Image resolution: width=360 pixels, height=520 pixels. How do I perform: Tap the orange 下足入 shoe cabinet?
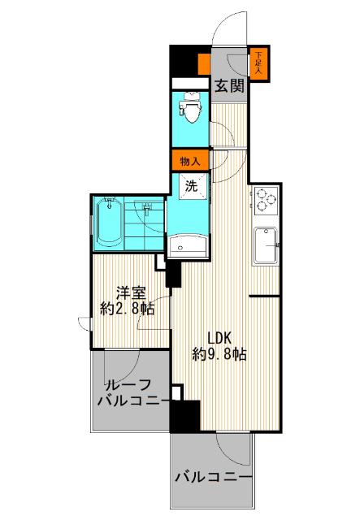(258, 63)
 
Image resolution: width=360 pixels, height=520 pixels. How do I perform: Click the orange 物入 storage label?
(190, 160)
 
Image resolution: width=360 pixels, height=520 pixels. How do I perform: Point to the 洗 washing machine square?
(193, 186)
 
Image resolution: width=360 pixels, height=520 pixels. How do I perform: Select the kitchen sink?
(266, 245)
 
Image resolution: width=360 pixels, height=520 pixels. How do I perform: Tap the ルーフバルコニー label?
(132, 393)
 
